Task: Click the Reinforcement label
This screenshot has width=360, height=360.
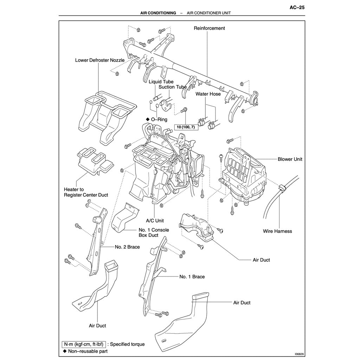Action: (x=209, y=28)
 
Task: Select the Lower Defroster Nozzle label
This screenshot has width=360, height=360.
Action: (x=99, y=60)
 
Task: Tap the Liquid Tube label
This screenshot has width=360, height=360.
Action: (x=161, y=82)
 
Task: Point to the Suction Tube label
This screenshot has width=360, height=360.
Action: (x=172, y=87)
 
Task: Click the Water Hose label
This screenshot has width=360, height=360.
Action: (x=208, y=94)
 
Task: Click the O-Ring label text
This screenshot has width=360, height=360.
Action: (x=159, y=120)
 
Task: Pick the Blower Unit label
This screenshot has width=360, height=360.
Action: (x=290, y=159)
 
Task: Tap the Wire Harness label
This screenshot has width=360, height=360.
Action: (x=277, y=231)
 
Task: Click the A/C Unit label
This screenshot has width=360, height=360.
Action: (x=155, y=221)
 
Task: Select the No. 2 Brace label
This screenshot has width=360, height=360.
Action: (x=127, y=247)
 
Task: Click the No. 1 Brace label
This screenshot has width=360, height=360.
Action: (x=192, y=277)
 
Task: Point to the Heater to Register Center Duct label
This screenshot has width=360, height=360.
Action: (x=86, y=192)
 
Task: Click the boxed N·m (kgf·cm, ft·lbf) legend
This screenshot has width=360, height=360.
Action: (x=83, y=344)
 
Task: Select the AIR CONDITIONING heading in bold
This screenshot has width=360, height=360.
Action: (x=158, y=13)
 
